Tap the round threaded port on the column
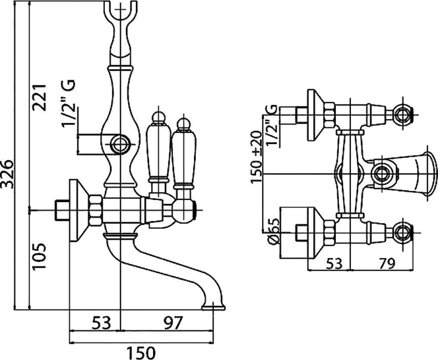click(120, 145)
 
